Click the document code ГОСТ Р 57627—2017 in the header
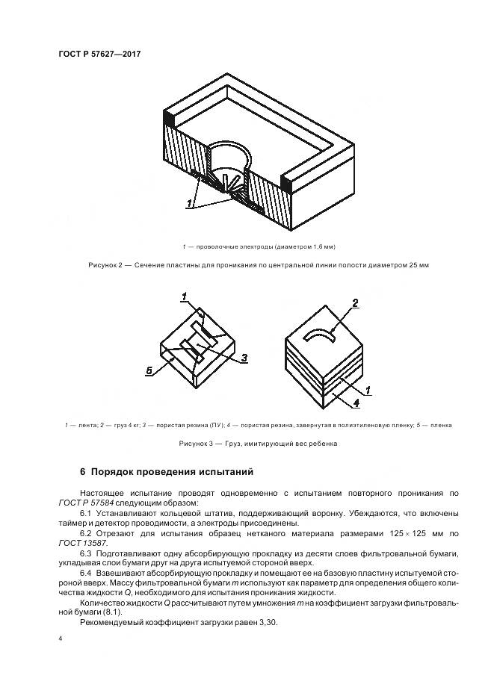(x=100, y=53)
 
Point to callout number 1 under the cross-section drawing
(x=191, y=202)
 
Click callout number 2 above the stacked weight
(x=356, y=303)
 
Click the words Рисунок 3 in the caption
(x=197, y=443)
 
